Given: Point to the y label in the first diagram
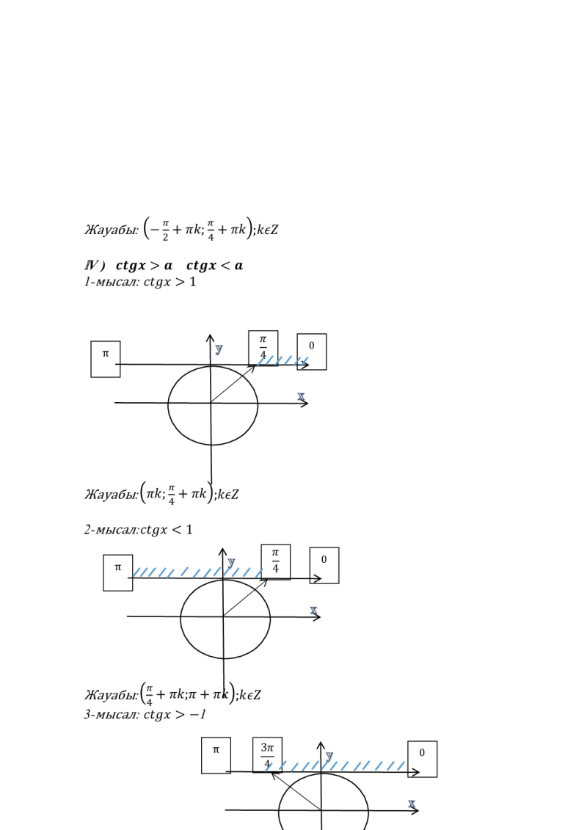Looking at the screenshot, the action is click(219, 349).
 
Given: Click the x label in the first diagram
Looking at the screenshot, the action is click(301, 396).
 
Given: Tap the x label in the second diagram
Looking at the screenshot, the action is click(314, 611).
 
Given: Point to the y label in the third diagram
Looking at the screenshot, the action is click(329, 756).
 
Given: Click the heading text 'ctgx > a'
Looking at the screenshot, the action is click(144, 265).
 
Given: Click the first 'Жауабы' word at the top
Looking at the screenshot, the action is click(110, 230).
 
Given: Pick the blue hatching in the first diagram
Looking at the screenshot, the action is click(282, 360).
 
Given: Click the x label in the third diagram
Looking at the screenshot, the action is click(412, 805).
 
